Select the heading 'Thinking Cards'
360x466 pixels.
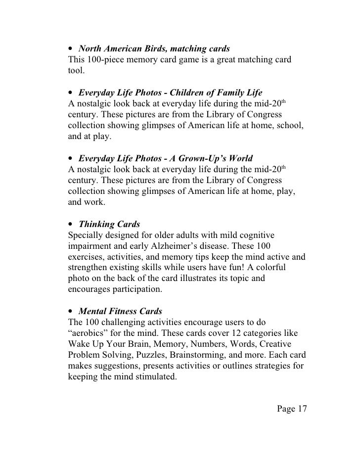(x=109, y=224)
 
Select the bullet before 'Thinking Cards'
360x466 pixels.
(x=71, y=225)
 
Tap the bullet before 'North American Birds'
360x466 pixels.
(x=71, y=49)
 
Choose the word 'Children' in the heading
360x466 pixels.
(x=180, y=93)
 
